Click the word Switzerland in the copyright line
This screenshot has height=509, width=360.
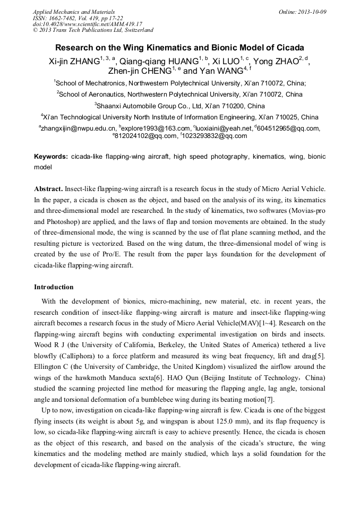[135, 30]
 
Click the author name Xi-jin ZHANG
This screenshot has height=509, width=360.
[74, 62]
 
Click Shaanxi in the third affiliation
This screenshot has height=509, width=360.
[109, 106]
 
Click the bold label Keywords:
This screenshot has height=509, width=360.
[51, 157]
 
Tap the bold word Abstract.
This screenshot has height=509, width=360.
[48, 189]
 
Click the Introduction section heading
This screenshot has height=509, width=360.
[54, 287]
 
